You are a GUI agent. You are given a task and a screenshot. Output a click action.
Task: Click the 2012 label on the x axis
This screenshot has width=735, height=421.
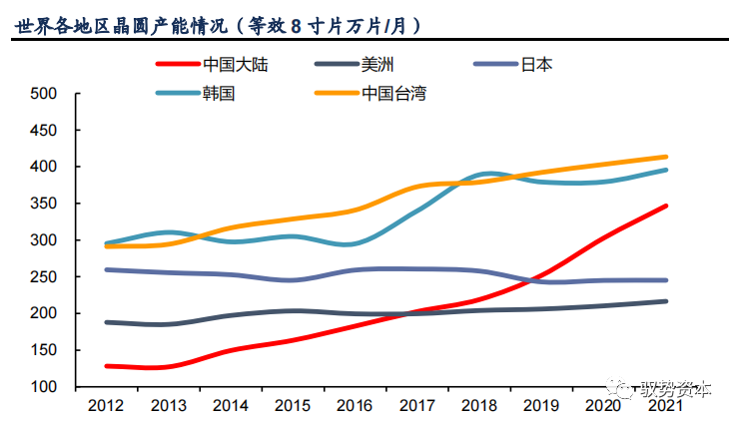[x=106, y=405]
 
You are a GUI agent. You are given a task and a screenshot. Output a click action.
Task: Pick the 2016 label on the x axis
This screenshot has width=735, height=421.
[x=355, y=405]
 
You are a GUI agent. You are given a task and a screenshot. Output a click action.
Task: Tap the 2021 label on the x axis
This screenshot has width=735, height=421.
[x=666, y=405]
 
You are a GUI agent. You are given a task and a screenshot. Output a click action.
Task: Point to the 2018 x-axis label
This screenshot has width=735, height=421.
[x=479, y=405]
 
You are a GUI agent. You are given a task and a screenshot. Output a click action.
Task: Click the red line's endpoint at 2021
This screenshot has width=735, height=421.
[x=666, y=207]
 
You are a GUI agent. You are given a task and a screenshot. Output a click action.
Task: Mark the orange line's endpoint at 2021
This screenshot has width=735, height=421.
[x=666, y=157]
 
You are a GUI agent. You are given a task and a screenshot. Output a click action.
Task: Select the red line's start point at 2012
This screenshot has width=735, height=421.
[x=106, y=366]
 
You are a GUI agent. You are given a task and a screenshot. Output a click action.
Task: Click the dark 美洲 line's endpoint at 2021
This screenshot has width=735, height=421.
[x=666, y=301]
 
